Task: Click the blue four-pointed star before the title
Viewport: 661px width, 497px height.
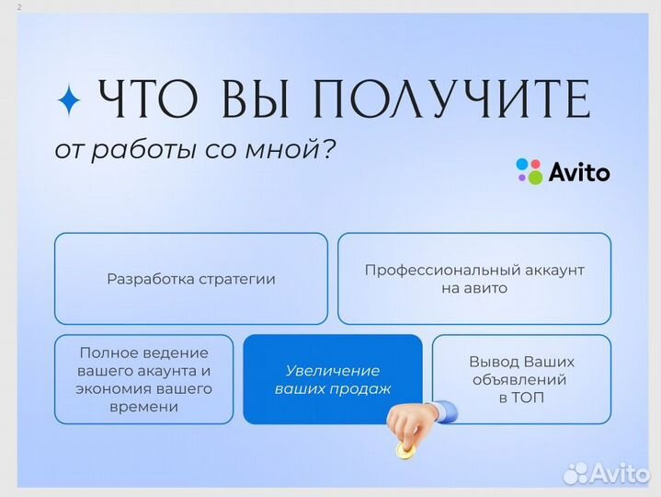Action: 69,100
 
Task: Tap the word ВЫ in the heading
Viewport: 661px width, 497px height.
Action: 255,100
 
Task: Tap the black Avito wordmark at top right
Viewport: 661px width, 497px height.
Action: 578,172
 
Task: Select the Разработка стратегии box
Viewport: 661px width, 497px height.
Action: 190,279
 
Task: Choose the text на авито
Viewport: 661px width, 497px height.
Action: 473,288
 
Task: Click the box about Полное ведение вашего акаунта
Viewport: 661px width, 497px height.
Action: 143,379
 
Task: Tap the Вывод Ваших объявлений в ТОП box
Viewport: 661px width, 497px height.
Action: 521,379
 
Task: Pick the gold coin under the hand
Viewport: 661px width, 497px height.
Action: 405,450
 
